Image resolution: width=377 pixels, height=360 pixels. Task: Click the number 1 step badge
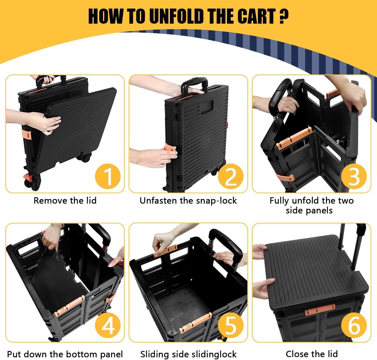(108, 176)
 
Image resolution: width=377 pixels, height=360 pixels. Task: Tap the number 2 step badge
(231, 176)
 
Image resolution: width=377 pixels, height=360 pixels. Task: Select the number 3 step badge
(354, 176)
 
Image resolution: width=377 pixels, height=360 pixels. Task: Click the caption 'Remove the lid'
(65, 201)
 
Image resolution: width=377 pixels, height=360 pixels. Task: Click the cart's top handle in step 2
(195, 85)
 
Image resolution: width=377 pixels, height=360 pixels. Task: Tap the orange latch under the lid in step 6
(320, 309)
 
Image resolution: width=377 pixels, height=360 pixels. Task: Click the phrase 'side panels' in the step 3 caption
(309, 211)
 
